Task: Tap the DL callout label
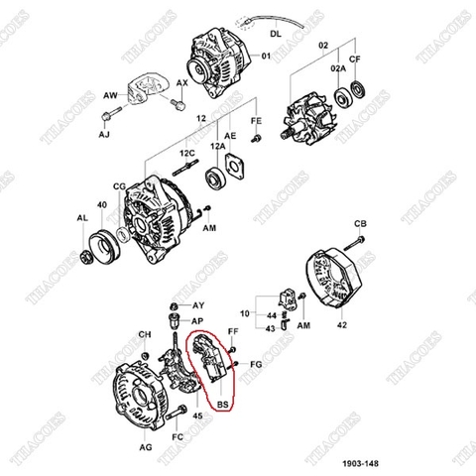point(274,32)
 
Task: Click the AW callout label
point(110,96)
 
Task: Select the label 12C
point(186,154)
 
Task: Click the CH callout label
point(143,334)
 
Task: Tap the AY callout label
point(198,304)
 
